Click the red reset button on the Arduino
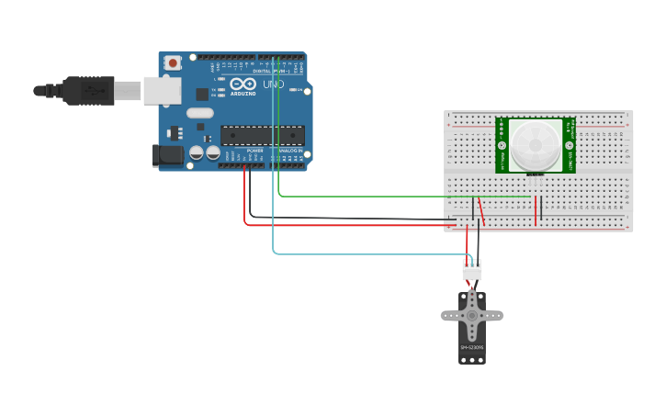click(173, 62)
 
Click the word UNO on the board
click(274, 84)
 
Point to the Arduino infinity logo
click(242, 84)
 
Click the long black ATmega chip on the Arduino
click(262, 135)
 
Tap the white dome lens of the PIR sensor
click(536, 144)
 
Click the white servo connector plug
click(471, 269)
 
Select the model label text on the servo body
click(472, 347)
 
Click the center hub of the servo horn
click(472, 315)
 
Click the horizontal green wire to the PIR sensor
click(404, 196)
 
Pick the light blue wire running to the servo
click(367, 253)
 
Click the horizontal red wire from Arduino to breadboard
click(349, 224)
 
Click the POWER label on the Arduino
click(254, 150)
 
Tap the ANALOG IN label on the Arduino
click(290, 150)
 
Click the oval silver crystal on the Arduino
click(199, 113)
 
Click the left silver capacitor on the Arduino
click(197, 153)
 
